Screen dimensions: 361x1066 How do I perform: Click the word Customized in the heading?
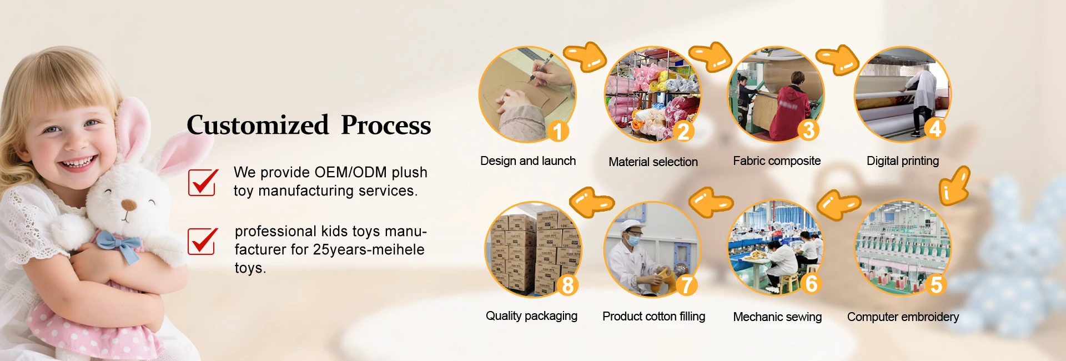click(258, 125)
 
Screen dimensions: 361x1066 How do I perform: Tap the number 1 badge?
click(558, 131)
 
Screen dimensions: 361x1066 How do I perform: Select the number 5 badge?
click(936, 284)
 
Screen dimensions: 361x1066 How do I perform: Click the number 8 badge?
click(567, 284)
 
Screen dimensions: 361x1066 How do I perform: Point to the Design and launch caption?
click(527, 161)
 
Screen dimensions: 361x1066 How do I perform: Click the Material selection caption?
click(653, 162)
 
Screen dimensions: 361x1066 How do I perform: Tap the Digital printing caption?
click(902, 161)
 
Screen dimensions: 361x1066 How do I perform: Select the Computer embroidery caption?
click(903, 317)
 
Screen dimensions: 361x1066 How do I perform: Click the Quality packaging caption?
click(531, 316)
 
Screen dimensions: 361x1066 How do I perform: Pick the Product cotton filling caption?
click(653, 317)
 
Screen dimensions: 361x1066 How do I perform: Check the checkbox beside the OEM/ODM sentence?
click(202, 182)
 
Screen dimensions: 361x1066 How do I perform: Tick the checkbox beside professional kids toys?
click(202, 241)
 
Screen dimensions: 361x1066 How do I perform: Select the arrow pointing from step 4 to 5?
click(954, 186)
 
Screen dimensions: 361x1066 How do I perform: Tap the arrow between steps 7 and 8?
click(592, 202)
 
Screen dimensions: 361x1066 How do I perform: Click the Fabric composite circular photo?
click(776, 94)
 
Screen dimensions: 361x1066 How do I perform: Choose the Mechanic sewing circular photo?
click(776, 248)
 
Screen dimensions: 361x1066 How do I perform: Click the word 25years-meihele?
click(368, 250)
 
